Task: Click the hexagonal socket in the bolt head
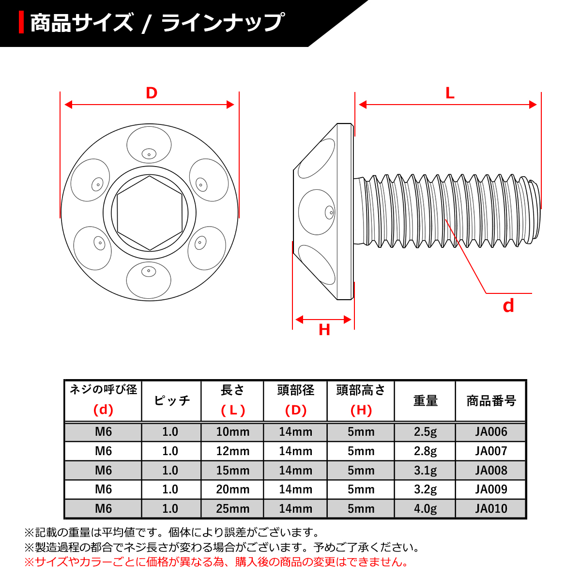coord(150,213)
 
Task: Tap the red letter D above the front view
coord(152,93)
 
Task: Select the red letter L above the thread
coord(450,93)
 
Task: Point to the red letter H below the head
coord(324,330)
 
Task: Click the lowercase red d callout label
coord(508,306)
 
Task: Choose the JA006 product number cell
coord(491,432)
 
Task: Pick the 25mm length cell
coord(232,509)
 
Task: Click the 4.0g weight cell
coord(425,509)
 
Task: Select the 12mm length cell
coord(232,451)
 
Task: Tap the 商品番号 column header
coord(491,401)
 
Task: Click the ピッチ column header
coord(171,401)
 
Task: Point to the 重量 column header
coord(425,401)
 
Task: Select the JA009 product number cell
coord(491,489)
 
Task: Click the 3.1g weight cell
coord(425,470)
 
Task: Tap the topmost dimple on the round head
coord(149,145)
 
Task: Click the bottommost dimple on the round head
coord(149,280)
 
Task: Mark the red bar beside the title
coord(21,23)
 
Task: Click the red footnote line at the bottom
coord(216,562)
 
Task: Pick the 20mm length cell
coord(232,489)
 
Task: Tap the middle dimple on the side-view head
coord(317,212)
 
